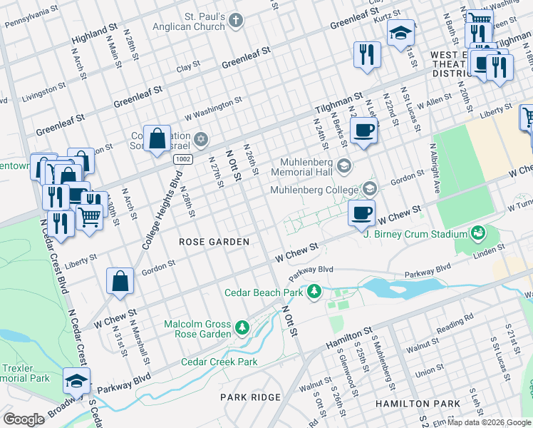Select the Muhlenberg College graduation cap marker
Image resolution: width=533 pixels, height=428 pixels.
coord(369,189)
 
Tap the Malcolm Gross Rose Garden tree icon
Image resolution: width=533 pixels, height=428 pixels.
coord(242,328)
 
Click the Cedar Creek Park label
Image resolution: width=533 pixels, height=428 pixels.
coord(219,362)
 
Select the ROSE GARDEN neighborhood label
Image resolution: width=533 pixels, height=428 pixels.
coord(214,242)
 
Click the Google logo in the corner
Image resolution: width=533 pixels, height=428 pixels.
coord(24,419)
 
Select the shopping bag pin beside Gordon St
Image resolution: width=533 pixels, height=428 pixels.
coord(120,281)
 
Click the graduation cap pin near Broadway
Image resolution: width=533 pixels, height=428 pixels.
coord(76,382)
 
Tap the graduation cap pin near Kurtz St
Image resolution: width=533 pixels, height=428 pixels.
coord(400,33)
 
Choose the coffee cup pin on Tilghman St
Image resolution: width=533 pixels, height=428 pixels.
coord(364,131)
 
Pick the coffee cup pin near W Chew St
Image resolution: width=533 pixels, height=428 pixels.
coord(362,212)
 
